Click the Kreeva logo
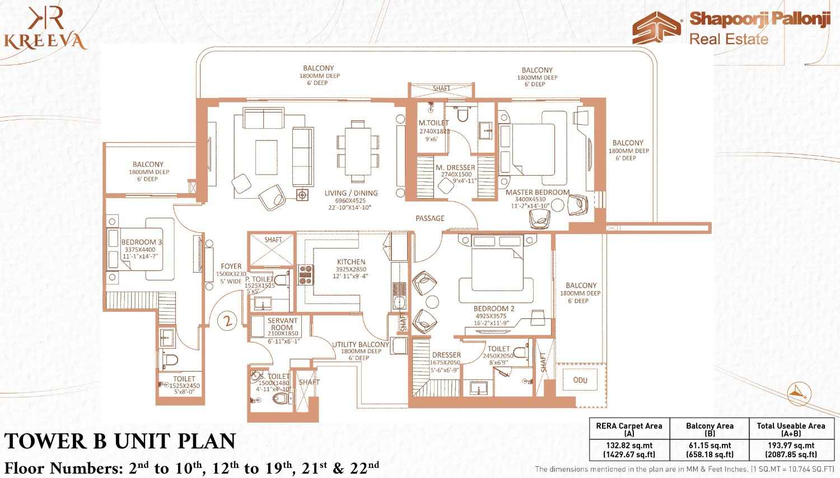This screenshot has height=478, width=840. coord(44,30)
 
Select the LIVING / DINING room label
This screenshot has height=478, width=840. coord(351,193)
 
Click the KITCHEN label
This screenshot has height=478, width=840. coord(351,262)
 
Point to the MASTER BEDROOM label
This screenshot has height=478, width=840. coord(537,193)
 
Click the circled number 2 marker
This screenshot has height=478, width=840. coord(227,321)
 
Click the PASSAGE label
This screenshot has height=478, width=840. coord(430,218)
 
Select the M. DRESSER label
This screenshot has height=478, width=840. coord(455,167)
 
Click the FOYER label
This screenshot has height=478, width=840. coord(231,266)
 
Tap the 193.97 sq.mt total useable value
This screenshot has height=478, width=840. coord(791,446)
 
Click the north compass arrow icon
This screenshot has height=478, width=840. coord(795,392)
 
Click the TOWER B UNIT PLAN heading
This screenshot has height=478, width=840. coord(119,442)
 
